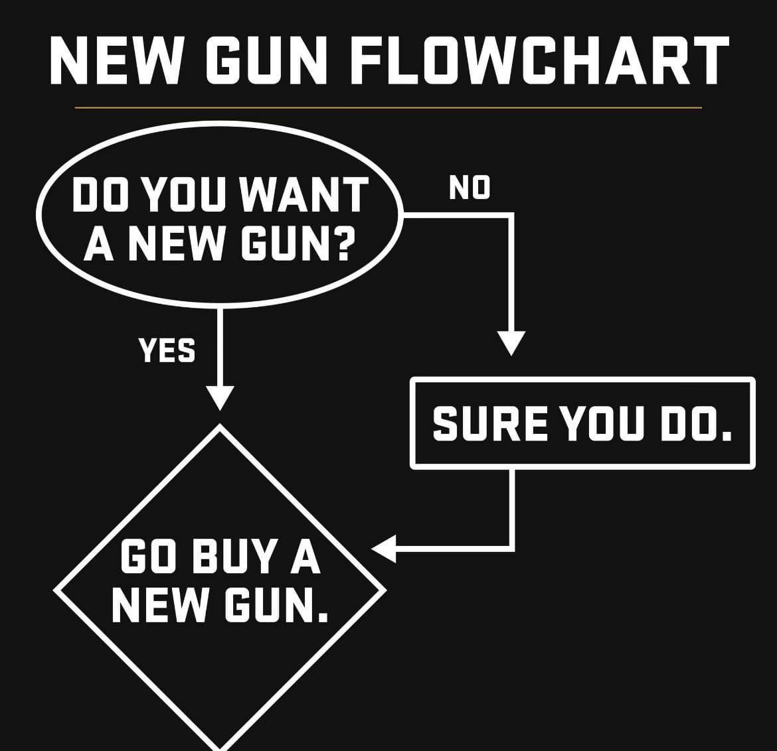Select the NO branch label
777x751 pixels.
coord(470,188)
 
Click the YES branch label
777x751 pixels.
coord(167,350)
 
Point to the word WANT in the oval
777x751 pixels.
coord(304,195)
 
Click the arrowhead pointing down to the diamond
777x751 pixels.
coord(219,398)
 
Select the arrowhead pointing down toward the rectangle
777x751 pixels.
coord(511,344)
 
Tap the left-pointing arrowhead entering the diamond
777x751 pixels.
coord(384,549)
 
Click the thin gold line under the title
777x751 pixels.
coord(388,107)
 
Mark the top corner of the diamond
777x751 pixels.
coord(220,425)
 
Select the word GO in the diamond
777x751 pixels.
coord(149,557)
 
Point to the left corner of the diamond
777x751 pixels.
coord(55,590)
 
